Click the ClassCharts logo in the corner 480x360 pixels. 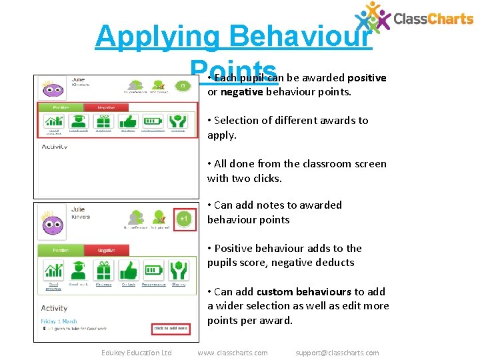pos(413,18)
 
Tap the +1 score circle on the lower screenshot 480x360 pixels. pos(185,219)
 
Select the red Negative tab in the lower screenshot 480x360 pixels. pos(105,251)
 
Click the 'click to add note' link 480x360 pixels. pos(170,329)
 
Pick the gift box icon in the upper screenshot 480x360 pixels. pos(103,121)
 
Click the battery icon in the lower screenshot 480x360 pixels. pos(153,271)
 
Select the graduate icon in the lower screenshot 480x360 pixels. pos(79,271)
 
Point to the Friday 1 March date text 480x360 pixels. pos(59,321)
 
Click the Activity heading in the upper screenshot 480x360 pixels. pos(55,147)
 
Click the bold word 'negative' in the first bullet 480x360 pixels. pos(242,92)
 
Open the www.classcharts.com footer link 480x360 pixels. pos(233,353)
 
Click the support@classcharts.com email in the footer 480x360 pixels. pos(337,353)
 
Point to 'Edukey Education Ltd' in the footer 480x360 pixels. pos(136,353)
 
